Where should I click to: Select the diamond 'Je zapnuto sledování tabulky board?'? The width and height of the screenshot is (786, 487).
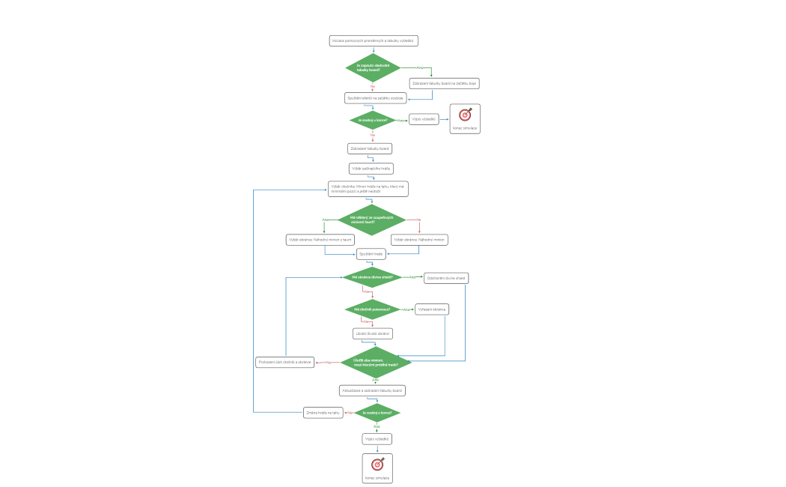[x=373, y=67]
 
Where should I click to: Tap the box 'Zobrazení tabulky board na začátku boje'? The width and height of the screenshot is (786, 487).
[x=444, y=83]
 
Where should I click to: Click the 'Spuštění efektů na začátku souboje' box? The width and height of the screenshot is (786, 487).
[x=375, y=98]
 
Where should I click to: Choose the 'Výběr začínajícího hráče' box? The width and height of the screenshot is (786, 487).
[x=371, y=169]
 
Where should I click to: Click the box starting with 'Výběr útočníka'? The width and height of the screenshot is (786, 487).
[x=368, y=188]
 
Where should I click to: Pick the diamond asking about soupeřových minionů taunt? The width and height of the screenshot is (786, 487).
[x=371, y=220]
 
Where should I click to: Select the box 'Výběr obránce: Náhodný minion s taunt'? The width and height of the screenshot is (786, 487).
[x=319, y=240]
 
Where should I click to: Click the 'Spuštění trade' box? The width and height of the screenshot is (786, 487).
[x=371, y=254]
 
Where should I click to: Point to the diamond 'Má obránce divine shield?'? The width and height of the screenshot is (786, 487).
[x=372, y=277]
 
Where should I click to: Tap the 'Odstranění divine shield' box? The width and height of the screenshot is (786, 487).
[x=445, y=278]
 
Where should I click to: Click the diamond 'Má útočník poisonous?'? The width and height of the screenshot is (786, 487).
[x=372, y=309]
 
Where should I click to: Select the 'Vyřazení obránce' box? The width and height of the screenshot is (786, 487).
[x=431, y=309]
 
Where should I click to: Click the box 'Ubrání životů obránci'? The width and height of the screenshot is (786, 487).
[x=372, y=333]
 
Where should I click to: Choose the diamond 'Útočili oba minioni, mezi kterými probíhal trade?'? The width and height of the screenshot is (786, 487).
[x=376, y=362]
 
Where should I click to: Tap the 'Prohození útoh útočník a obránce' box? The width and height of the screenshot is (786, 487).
[x=284, y=362]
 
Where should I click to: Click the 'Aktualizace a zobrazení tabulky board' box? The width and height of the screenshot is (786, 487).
[x=372, y=390]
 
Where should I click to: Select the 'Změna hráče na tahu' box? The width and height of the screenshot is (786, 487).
[x=323, y=412]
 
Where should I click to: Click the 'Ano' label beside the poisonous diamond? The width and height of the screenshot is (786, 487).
[x=406, y=309]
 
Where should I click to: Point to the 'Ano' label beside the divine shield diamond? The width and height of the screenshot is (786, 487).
[x=411, y=277]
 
